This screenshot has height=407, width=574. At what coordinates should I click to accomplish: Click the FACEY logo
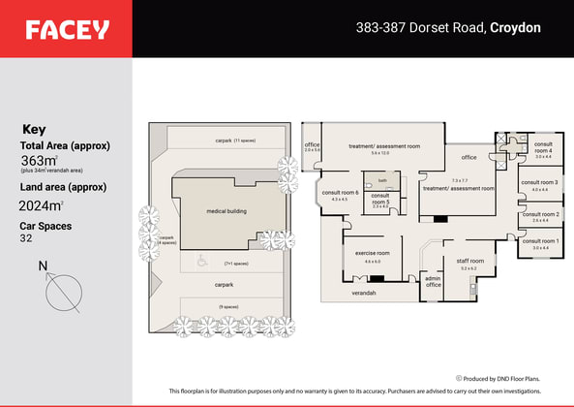click(x=67, y=30)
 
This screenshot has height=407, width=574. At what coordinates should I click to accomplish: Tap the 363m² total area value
click(x=40, y=160)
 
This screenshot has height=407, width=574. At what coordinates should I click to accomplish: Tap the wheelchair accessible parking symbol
click(x=201, y=259)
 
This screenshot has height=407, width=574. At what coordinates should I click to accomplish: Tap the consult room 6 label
click(x=339, y=192)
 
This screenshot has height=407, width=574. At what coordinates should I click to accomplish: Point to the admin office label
click(x=433, y=281)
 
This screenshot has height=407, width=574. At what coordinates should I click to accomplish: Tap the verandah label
click(x=364, y=292)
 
